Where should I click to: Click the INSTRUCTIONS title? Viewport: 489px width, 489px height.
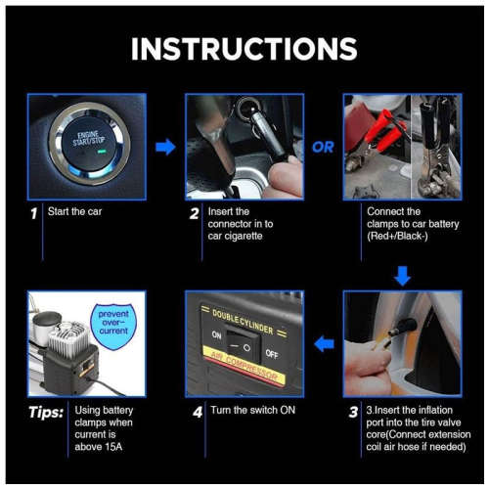244,50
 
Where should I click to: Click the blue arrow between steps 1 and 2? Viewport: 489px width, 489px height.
166,148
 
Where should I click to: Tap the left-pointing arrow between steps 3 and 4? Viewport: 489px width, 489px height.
323,342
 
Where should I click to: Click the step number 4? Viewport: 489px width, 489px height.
197,412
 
